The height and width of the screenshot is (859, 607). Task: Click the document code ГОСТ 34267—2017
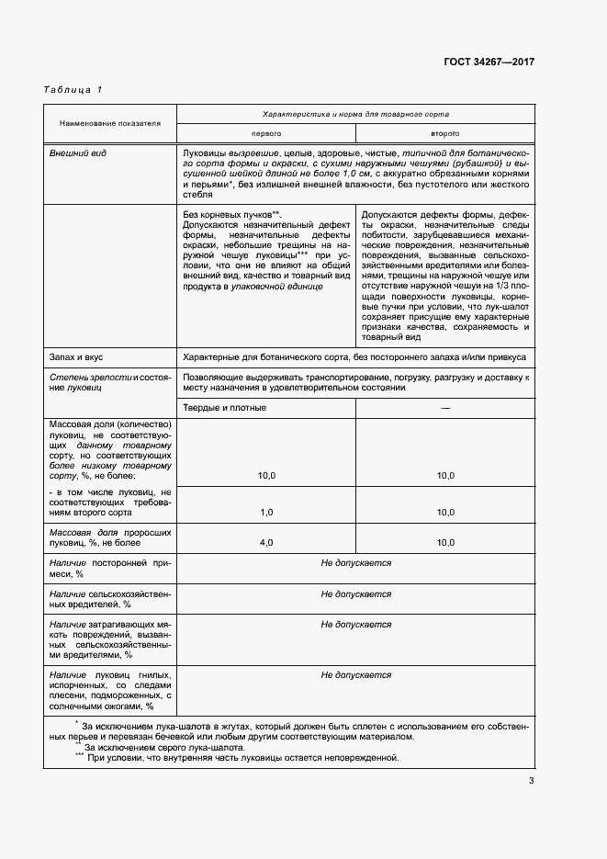(489, 62)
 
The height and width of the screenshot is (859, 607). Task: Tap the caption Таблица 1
(73, 89)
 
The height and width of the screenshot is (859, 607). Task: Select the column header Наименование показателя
(109, 122)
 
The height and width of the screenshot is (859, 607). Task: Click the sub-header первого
(266, 132)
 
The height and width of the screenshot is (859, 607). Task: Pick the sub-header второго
(445, 132)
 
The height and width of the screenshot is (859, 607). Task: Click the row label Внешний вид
(77, 153)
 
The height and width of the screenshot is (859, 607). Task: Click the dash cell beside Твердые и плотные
(445, 407)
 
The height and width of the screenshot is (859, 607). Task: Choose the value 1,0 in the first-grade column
(266, 512)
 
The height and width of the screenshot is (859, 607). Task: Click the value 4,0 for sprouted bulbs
(266, 543)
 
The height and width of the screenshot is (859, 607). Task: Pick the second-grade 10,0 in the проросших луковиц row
(445, 543)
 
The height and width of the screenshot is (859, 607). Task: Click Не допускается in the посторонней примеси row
(355, 563)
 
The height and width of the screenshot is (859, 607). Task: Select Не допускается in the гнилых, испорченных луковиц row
(355, 675)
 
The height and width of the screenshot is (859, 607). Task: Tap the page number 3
(531, 782)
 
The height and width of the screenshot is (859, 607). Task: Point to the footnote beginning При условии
(242, 759)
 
